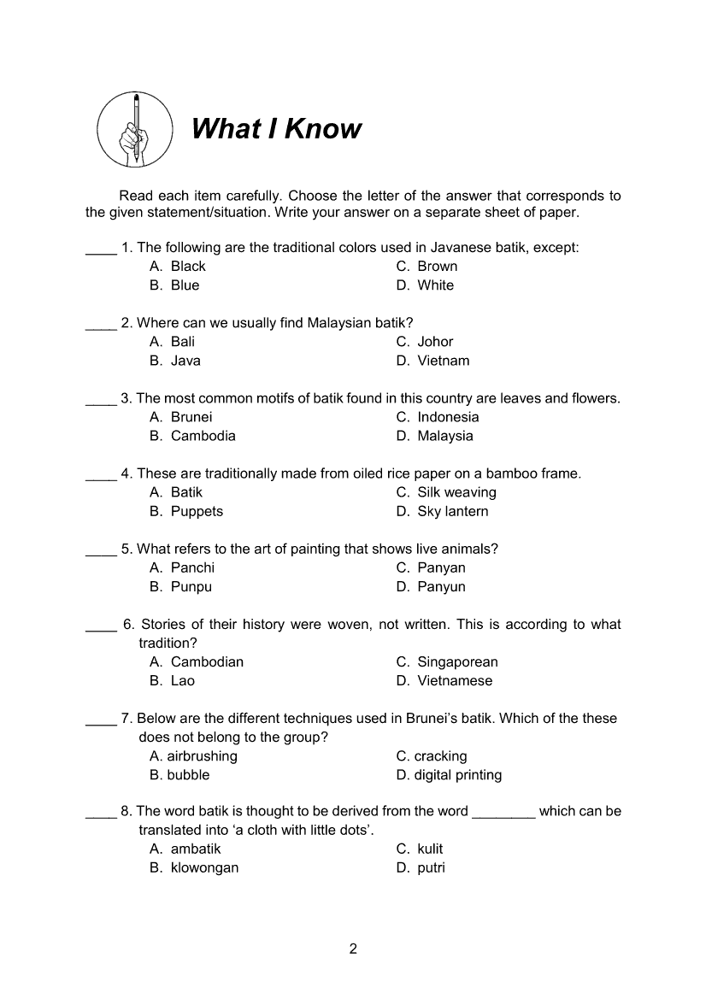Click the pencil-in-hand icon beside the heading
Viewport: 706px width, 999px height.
(134, 129)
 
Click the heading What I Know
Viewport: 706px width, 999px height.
(276, 129)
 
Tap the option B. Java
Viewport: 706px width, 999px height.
(175, 361)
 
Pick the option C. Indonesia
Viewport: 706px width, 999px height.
(437, 417)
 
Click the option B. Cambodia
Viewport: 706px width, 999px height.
(192, 436)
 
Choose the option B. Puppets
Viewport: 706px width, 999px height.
(185, 511)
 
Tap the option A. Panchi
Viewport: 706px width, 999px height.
(182, 567)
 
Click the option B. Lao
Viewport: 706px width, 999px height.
(172, 681)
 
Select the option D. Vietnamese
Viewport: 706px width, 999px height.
(444, 681)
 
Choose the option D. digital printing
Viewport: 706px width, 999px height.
(449, 775)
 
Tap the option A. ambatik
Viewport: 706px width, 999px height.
(185, 849)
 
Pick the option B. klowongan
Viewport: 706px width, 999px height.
(194, 867)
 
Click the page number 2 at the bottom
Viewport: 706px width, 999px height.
(353, 949)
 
